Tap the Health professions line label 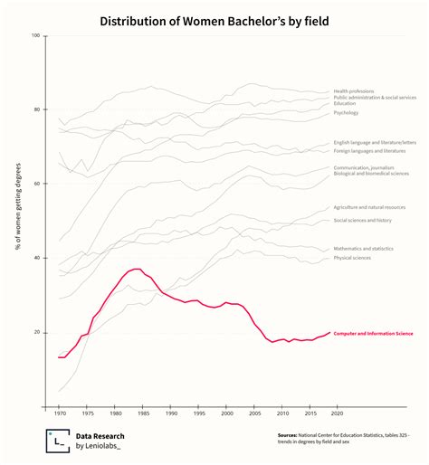click(x=354, y=90)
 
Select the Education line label click(x=345, y=103)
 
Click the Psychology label click(x=346, y=112)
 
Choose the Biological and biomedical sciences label click(x=372, y=174)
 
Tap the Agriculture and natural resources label click(x=369, y=207)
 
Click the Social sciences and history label click(x=362, y=220)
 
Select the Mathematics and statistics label click(x=363, y=248)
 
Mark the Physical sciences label click(x=352, y=258)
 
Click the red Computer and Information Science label click(x=373, y=333)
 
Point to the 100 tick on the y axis click(x=36, y=35)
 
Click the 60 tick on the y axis click(x=37, y=184)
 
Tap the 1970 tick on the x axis click(x=61, y=413)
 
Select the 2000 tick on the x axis click(x=225, y=413)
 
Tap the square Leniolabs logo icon click(x=58, y=440)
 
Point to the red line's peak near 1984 click(x=136, y=269)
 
